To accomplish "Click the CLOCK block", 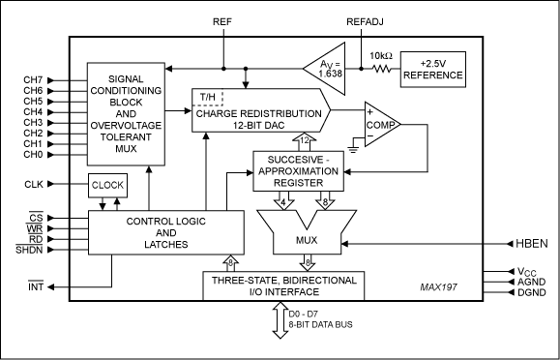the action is coord(107,185).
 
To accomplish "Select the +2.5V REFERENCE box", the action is coord(433,70).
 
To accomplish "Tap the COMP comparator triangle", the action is coord(382,125).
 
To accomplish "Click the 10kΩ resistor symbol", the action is coord(382,69).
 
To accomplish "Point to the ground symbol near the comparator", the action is coord(353,149).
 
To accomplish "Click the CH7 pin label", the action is coord(33,80).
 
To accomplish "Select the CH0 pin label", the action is coord(33,155).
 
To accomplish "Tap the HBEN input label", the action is coord(531,244).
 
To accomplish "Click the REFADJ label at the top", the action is coord(365,22).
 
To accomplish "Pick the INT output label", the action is coord(36,286).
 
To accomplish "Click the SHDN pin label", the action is coord(29,250).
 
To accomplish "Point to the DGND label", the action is coord(532,292).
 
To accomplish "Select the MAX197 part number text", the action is coord(438,287).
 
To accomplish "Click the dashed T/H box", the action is coord(208,97).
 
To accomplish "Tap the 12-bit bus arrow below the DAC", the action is coord(305,141).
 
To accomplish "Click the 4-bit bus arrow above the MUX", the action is coord(283,200).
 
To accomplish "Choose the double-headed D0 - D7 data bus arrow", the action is coord(280,320).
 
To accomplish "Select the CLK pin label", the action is coord(34,184).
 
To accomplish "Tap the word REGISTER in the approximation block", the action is coord(298,183).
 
